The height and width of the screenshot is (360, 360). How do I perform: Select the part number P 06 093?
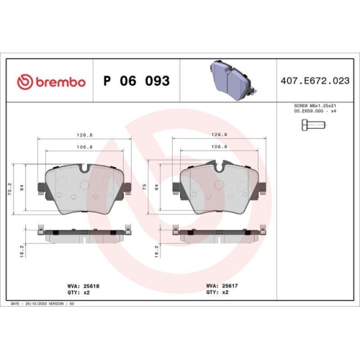137,81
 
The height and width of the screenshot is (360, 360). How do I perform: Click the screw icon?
311,127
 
